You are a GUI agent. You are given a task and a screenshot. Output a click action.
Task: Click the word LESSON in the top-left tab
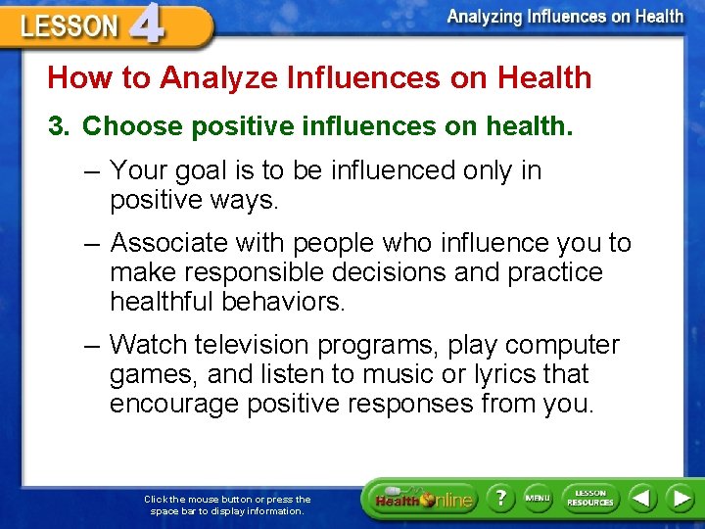(69, 26)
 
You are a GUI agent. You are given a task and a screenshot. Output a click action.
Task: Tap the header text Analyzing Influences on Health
(565, 16)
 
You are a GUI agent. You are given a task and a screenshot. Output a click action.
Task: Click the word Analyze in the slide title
(204, 77)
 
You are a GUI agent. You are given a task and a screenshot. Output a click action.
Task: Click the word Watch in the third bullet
(148, 345)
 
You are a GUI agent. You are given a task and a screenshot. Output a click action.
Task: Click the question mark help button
(500, 498)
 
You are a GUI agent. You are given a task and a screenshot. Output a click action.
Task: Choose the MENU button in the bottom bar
(538, 498)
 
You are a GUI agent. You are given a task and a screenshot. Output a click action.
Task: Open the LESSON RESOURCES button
(589, 498)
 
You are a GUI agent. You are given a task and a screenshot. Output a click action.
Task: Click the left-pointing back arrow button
(641, 498)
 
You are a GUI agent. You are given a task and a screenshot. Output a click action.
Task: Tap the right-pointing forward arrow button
(680, 498)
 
